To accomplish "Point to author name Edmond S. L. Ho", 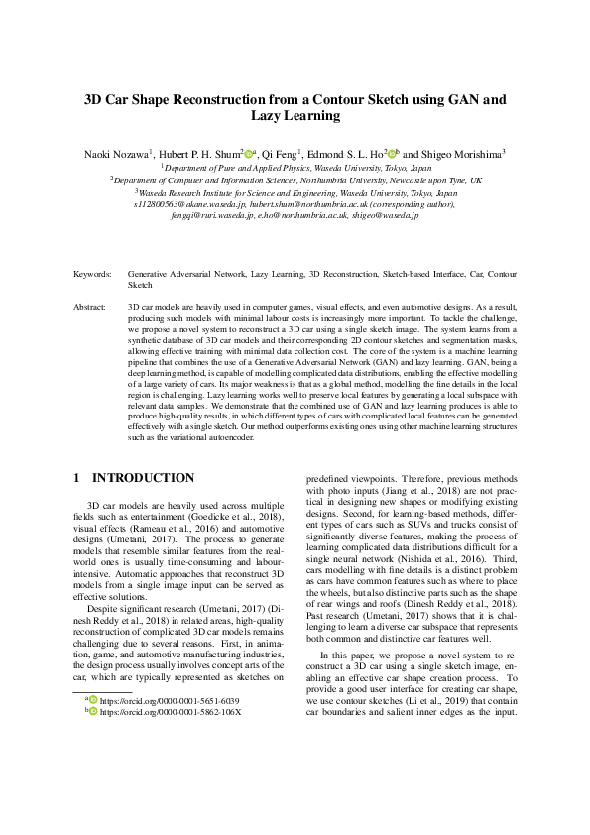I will point(350,154).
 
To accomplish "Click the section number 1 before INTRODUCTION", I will point(77,477).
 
